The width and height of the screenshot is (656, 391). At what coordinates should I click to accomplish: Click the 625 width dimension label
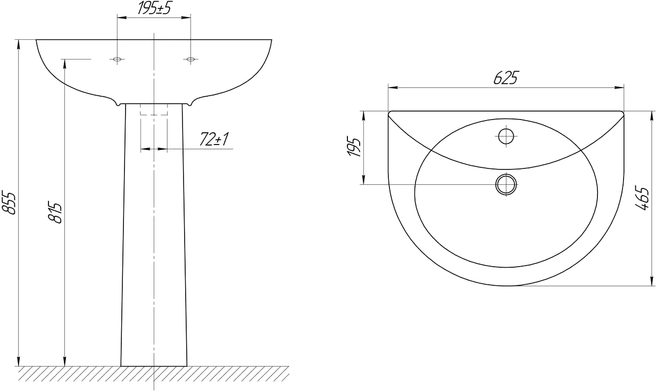(506, 78)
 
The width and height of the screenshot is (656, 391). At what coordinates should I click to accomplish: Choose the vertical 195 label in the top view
(354, 146)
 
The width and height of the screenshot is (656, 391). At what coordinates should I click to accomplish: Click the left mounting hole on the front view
(117, 59)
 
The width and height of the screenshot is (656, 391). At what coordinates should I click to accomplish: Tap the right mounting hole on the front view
(190, 59)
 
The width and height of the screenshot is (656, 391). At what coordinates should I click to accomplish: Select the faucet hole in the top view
(506, 137)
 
